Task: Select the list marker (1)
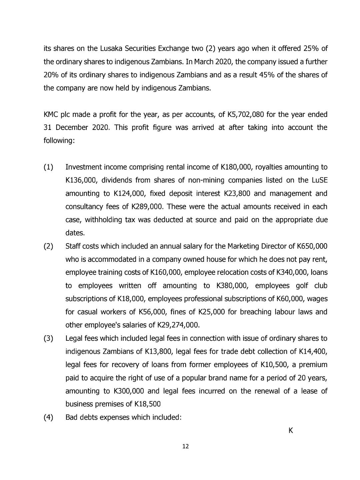tap(49, 167)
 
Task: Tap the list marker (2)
tap(49, 246)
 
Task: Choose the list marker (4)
tap(49, 418)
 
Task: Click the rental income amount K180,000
tap(236, 167)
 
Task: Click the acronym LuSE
tap(319, 180)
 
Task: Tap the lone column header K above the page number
tap(291, 431)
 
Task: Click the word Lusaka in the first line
tap(111, 49)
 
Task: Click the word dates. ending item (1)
tap(75, 233)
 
